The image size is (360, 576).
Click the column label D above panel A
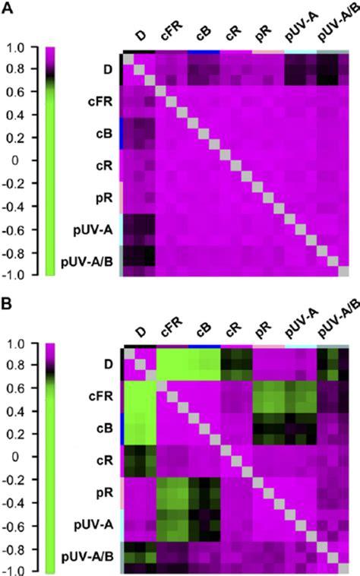[x=140, y=36]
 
